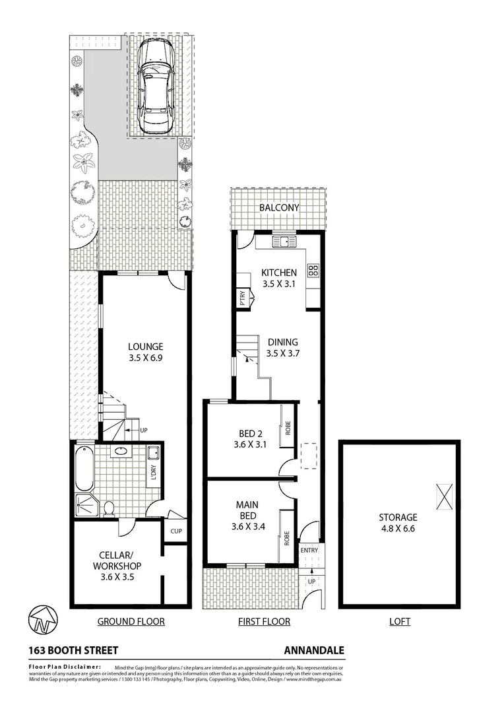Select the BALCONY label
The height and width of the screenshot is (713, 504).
(x=278, y=207)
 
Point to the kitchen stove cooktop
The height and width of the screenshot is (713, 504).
(x=313, y=269)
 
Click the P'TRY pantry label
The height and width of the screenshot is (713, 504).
(x=241, y=298)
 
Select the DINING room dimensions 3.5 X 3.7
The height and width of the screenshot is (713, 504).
(x=282, y=354)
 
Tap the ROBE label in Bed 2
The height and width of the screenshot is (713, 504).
(x=288, y=428)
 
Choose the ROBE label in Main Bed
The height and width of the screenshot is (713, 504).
(x=288, y=538)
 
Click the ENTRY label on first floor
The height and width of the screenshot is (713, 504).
(x=309, y=550)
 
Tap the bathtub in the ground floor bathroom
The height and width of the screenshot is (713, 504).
(x=82, y=469)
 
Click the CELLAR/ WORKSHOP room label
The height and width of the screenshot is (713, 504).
(x=115, y=560)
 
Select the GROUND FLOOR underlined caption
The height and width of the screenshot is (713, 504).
(x=131, y=621)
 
